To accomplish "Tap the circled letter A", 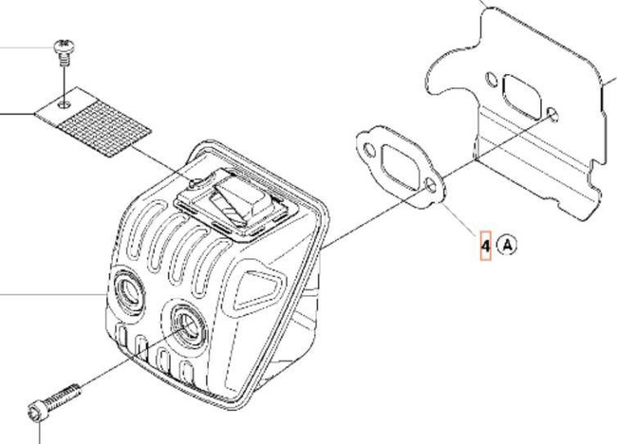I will pos(508,247).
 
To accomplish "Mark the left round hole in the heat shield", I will pos(491,77).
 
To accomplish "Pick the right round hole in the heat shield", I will pos(553,115).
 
